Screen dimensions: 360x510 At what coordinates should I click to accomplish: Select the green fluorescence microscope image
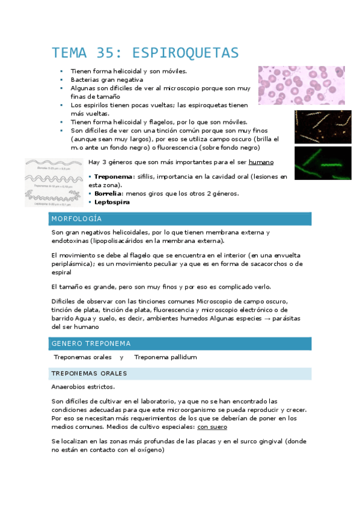tap(322, 163)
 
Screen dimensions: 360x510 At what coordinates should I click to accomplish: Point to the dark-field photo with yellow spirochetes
tap(322, 126)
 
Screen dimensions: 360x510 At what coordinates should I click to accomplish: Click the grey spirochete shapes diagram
tap(54, 182)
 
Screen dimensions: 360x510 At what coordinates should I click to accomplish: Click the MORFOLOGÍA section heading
tap(76, 218)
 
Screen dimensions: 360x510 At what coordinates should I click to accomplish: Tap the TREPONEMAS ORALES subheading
tap(88, 373)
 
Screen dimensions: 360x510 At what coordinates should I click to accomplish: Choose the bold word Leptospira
tap(112, 202)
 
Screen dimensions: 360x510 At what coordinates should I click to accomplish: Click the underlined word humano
tap(261, 162)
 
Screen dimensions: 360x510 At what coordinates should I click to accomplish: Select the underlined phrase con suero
tap(212, 427)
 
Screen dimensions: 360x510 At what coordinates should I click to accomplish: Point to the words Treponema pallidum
tap(165, 357)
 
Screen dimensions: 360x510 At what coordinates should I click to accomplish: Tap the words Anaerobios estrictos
tap(82, 387)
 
